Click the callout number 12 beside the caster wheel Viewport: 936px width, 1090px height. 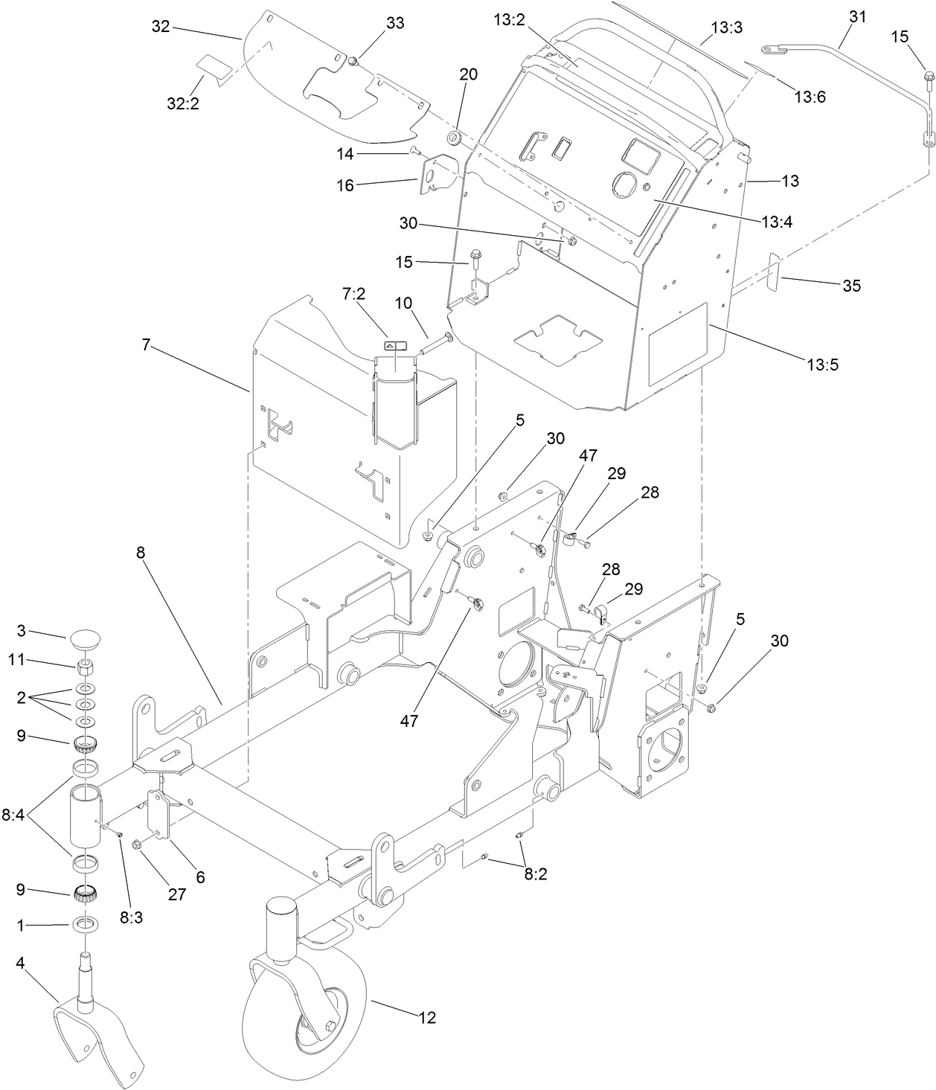[x=427, y=1018]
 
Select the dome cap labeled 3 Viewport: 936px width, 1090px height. [x=86, y=638]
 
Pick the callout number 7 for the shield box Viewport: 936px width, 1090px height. [x=147, y=344]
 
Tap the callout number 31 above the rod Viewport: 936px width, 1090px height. [x=857, y=17]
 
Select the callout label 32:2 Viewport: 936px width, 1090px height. [x=182, y=103]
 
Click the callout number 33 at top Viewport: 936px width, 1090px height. [x=395, y=24]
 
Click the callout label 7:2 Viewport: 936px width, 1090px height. [x=353, y=295]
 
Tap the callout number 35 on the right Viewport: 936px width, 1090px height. [x=851, y=285]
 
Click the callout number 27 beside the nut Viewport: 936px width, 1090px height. [x=176, y=894]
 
